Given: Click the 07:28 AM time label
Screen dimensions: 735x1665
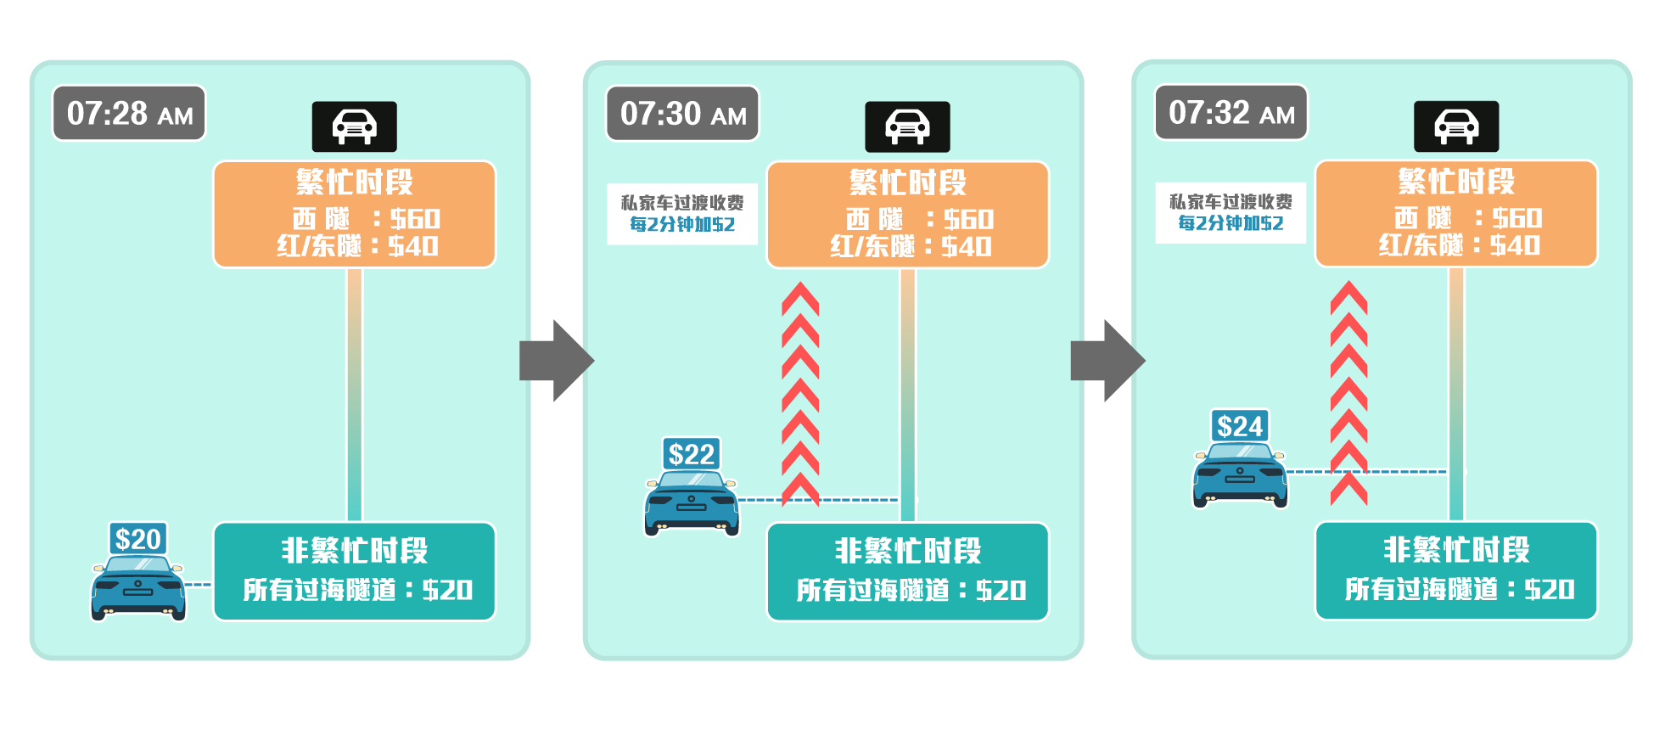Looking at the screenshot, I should pos(129,113).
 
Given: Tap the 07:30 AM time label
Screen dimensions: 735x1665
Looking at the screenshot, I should pos(682,113).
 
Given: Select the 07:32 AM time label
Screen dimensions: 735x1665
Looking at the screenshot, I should pos(1231,112).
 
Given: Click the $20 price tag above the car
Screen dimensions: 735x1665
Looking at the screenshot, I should pos(138,539).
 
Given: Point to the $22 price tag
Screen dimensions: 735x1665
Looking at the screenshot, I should pos(691,454).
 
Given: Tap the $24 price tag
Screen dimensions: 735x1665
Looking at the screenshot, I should pos(1240,426).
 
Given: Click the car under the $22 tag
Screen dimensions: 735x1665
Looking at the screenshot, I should pos(691,503).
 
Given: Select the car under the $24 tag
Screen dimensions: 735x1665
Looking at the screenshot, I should pos(1240,475).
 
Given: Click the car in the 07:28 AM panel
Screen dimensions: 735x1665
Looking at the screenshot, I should pos(138,587).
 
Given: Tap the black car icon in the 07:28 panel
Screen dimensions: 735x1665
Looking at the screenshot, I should pos(354,126).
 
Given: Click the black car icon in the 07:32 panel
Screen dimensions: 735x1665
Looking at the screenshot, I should pos(1456,126).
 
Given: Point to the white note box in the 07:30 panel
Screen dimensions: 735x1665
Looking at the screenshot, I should pos(682,214).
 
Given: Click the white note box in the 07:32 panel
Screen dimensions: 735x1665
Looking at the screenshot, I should pos(1231,213).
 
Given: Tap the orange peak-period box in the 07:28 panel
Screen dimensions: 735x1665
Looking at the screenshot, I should pos(354,215).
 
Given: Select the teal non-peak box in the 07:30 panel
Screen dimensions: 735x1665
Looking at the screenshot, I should pos(907,571).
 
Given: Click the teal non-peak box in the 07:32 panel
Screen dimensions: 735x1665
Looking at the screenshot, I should pos(1456,570).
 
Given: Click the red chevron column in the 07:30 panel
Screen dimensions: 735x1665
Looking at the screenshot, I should pos(799,395).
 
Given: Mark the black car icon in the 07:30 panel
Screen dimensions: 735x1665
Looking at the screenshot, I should pos(907,126).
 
